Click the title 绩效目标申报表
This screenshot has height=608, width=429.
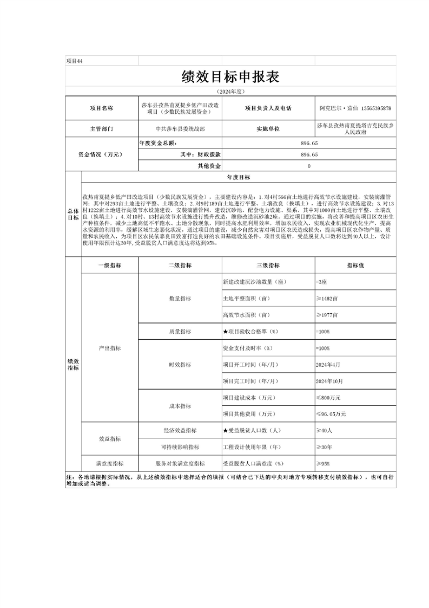[230, 77]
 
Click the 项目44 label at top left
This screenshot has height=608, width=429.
[74, 61]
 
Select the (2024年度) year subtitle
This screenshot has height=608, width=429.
[230, 92]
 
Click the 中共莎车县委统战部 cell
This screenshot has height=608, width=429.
[180, 130]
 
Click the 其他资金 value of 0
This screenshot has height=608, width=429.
[309, 166]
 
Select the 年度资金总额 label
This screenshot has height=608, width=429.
[158, 143]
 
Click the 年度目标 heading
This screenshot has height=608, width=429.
[238, 178]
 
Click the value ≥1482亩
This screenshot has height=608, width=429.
[327, 299]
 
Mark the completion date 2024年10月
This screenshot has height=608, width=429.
[329, 381]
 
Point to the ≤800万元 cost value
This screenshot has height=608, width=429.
[328, 398]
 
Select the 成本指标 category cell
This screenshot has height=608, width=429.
[180, 406]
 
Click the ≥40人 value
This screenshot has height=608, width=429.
[324, 430]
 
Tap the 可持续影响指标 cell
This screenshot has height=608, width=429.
[180, 447]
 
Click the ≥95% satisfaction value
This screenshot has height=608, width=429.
[323, 464]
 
